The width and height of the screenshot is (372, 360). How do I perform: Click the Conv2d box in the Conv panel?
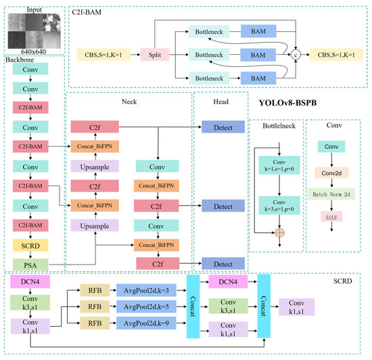331,173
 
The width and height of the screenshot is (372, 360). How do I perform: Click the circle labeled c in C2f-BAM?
295,53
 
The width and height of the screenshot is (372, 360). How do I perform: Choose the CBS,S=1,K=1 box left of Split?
105,53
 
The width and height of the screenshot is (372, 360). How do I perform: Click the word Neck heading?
127,102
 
